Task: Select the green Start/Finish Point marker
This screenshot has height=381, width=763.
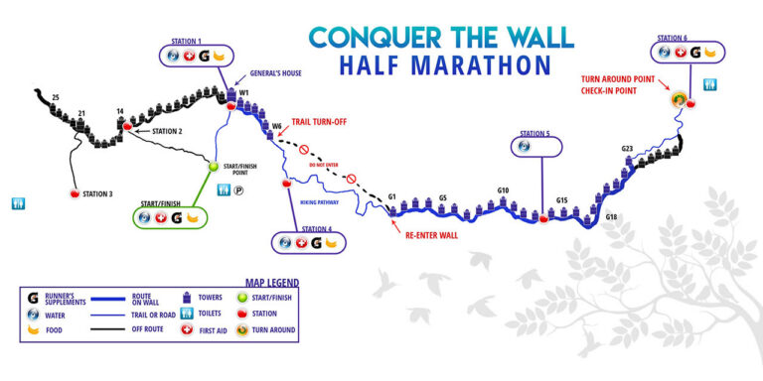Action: [x=213, y=167]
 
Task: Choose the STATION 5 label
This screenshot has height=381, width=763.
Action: [x=534, y=133]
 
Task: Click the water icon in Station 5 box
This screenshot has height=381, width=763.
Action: [x=526, y=148]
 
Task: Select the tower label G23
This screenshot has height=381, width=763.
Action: [x=627, y=149]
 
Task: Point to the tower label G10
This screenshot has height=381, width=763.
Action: [x=503, y=190]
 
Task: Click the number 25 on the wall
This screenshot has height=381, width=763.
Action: [x=56, y=96]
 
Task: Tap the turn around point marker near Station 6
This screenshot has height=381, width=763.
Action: [x=679, y=99]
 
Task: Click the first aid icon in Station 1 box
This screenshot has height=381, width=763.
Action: [x=186, y=56]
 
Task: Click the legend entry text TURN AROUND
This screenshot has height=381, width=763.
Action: [x=274, y=329]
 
